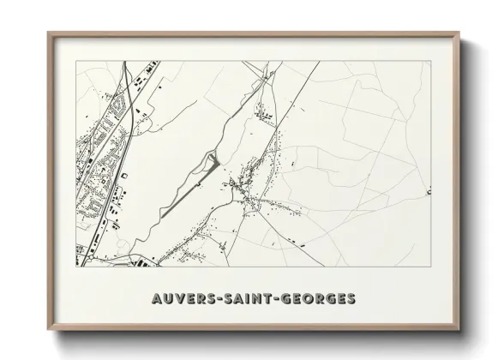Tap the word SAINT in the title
coord(249,299)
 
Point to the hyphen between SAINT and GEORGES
coord(279,299)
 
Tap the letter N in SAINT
coord(261,299)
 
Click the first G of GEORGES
coord(291,299)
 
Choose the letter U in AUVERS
coord(167,299)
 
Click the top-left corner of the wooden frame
coord(48,33)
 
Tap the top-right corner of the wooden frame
coord(459,33)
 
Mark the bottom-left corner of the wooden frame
coord(48,332)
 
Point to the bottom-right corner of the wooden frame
coord(459,332)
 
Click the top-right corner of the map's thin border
coord(430,61)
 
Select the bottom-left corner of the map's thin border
coord(76,267)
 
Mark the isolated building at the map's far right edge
coord(427,194)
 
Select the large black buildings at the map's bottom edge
coord(137,262)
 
